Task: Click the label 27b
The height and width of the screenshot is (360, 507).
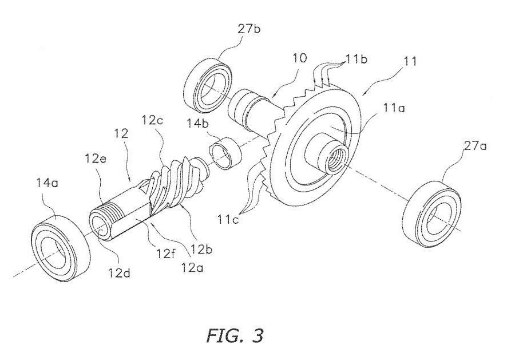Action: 249,29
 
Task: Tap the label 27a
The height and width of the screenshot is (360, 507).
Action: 476,146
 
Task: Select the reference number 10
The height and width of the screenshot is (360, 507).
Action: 299,58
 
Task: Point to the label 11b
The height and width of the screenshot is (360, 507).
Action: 357,59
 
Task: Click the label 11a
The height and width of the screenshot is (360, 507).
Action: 394,108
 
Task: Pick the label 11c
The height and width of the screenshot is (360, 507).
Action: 228,220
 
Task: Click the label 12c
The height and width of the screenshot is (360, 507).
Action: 152,120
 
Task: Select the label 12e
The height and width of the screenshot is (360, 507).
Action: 96,158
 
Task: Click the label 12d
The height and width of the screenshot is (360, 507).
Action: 120,274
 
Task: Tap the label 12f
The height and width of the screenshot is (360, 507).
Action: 167,253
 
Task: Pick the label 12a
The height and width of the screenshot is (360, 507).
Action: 192,267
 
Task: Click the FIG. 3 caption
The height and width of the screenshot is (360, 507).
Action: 235,335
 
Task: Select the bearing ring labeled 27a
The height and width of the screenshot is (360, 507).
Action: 432,213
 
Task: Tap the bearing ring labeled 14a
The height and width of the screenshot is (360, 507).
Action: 61,247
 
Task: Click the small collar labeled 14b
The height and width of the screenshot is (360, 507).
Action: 225,153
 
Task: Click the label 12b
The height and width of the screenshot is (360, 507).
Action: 201,250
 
